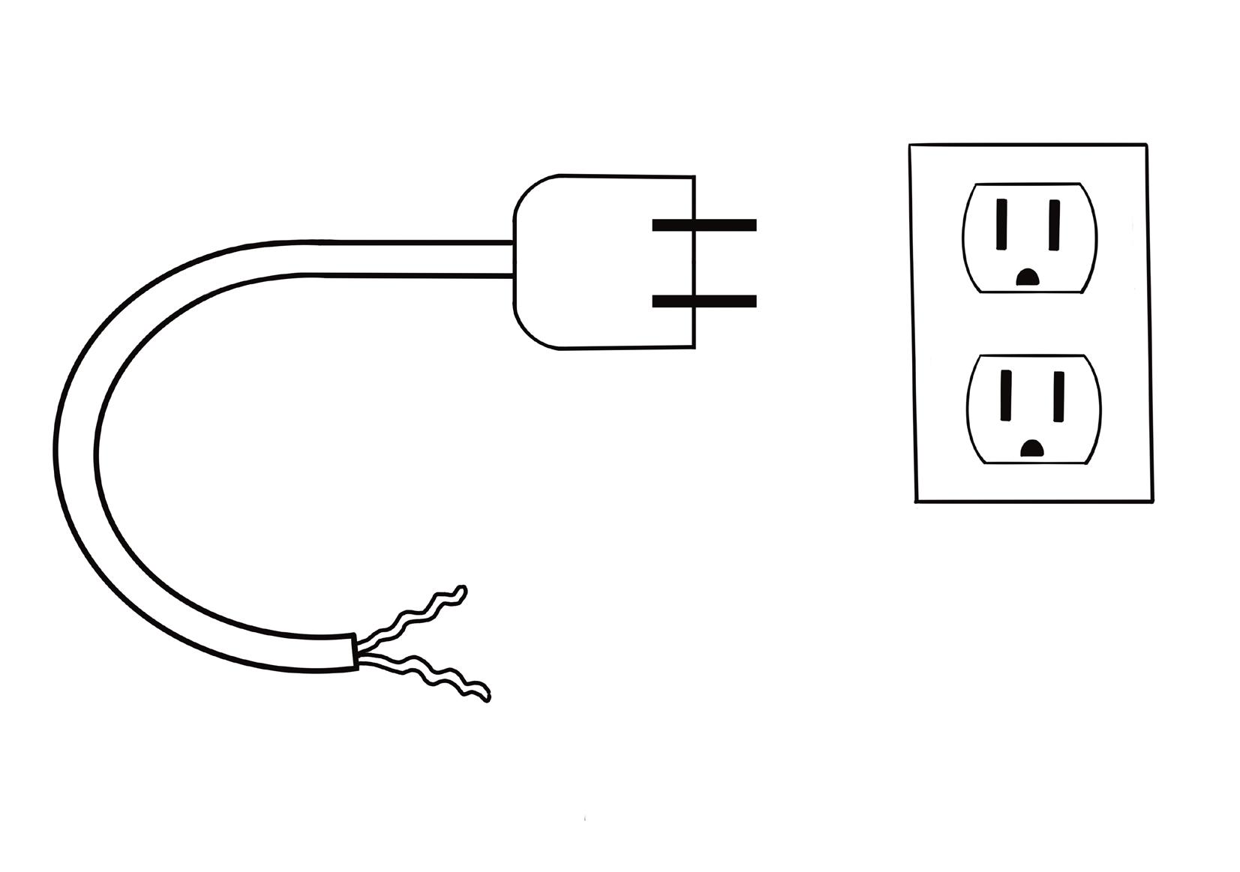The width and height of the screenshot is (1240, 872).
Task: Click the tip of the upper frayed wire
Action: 463,590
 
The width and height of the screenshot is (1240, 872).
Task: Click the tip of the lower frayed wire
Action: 487,697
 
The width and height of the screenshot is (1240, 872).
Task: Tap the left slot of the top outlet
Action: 1001,223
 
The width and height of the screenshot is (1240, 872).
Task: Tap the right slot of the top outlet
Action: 1054,224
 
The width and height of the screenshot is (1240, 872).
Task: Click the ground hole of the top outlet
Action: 1026,278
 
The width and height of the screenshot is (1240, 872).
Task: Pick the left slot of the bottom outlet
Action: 1005,395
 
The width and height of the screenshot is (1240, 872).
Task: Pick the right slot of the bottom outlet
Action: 1058,396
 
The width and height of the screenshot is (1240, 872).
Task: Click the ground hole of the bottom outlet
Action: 1032,449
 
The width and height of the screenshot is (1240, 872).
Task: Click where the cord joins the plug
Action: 514,259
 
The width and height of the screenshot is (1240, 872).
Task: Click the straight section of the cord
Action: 413,259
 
